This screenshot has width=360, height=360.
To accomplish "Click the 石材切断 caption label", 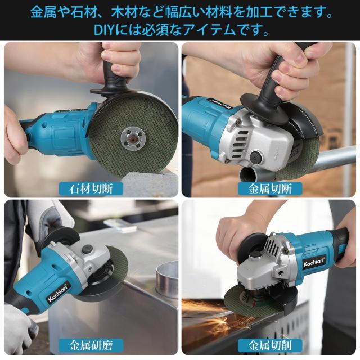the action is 91,189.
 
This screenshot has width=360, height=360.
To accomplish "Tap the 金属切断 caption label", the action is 270,189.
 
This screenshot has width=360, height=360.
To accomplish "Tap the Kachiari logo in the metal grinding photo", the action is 57,292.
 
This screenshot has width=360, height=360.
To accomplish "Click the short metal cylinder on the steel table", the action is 167,277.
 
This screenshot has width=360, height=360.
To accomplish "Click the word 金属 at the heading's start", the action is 43,12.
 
